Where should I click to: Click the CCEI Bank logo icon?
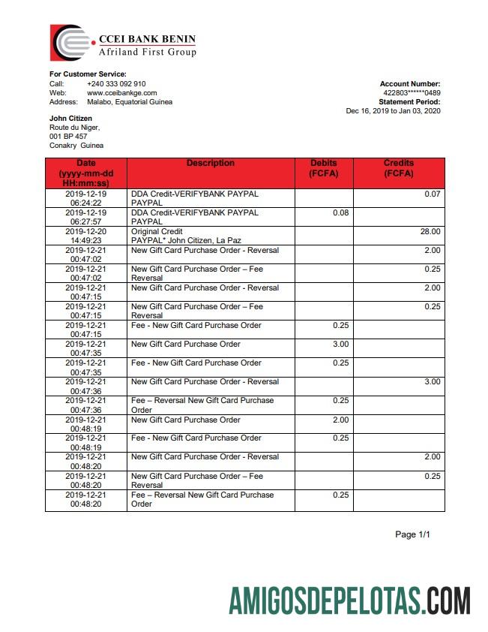tap(71, 42)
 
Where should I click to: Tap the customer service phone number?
tap(116, 84)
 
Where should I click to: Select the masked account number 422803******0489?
tap(412, 93)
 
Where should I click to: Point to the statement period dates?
tap(393, 111)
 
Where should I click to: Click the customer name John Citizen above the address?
tap(71, 119)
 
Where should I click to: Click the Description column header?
tap(210, 164)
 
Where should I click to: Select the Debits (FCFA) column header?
tap(323, 168)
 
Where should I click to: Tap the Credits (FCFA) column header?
tap(399, 168)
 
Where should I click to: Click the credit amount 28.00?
tap(431, 232)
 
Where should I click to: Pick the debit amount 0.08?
tap(340, 213)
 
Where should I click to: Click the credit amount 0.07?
tap(433, 194)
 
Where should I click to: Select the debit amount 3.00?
tap(340, 345)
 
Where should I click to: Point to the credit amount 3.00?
tap(433, 382)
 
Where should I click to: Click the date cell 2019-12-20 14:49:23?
tap(85, 236)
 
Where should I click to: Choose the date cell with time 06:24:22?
tap(85, 199)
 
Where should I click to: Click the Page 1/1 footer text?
tap(413, 535)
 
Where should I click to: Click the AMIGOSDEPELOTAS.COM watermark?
tap(349, 601)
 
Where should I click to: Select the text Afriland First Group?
tap(148, 53)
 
